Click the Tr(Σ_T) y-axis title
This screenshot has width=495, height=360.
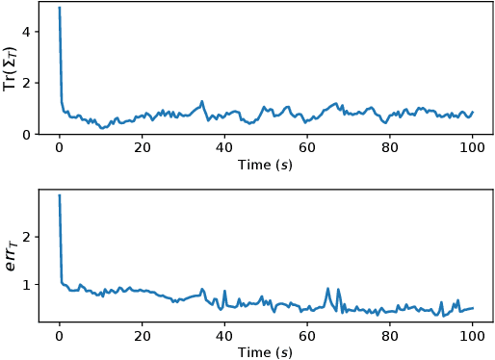tap(11, 67)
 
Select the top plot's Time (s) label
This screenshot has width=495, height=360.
tap(266, 165)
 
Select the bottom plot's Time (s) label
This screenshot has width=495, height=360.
tap(266, 351)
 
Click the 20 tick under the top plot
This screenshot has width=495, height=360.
tap(142, 147)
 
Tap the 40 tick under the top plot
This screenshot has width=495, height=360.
tap(224, 147)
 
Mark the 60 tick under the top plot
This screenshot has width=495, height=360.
tap(307, 147)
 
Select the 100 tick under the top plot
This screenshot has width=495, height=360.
tap(472, 147)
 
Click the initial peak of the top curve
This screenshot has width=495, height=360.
tap(59, 9)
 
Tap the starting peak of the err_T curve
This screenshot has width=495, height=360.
tap(59, 195)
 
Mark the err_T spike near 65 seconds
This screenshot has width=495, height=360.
tap(327, 288)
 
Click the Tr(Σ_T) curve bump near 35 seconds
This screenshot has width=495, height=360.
tap(202, 101)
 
